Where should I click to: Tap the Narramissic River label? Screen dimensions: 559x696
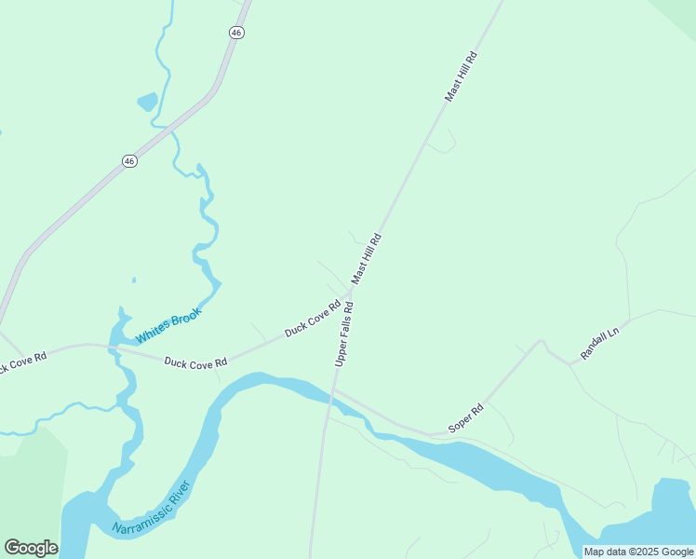click(x=151, y=508)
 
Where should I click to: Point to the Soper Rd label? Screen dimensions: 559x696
click(x=466, y=417)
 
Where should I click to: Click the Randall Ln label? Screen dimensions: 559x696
click(x=599, y=343)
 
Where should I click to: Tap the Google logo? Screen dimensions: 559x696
click(x=31, y=548)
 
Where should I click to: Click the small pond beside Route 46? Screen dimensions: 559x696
click(x=147, y=101)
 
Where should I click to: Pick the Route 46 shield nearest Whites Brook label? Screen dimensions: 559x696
click(x=129, y=161)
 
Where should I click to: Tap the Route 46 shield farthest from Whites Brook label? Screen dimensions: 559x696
click(x=236, y=32)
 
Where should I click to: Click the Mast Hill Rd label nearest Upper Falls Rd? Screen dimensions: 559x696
click(x=367, y=258)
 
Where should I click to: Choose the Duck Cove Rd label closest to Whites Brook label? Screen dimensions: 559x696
click(x=195, y=361)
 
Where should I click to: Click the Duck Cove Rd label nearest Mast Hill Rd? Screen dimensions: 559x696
click(x=313, y=317)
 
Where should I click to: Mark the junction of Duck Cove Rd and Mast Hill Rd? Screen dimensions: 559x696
click(x=352, y=293)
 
